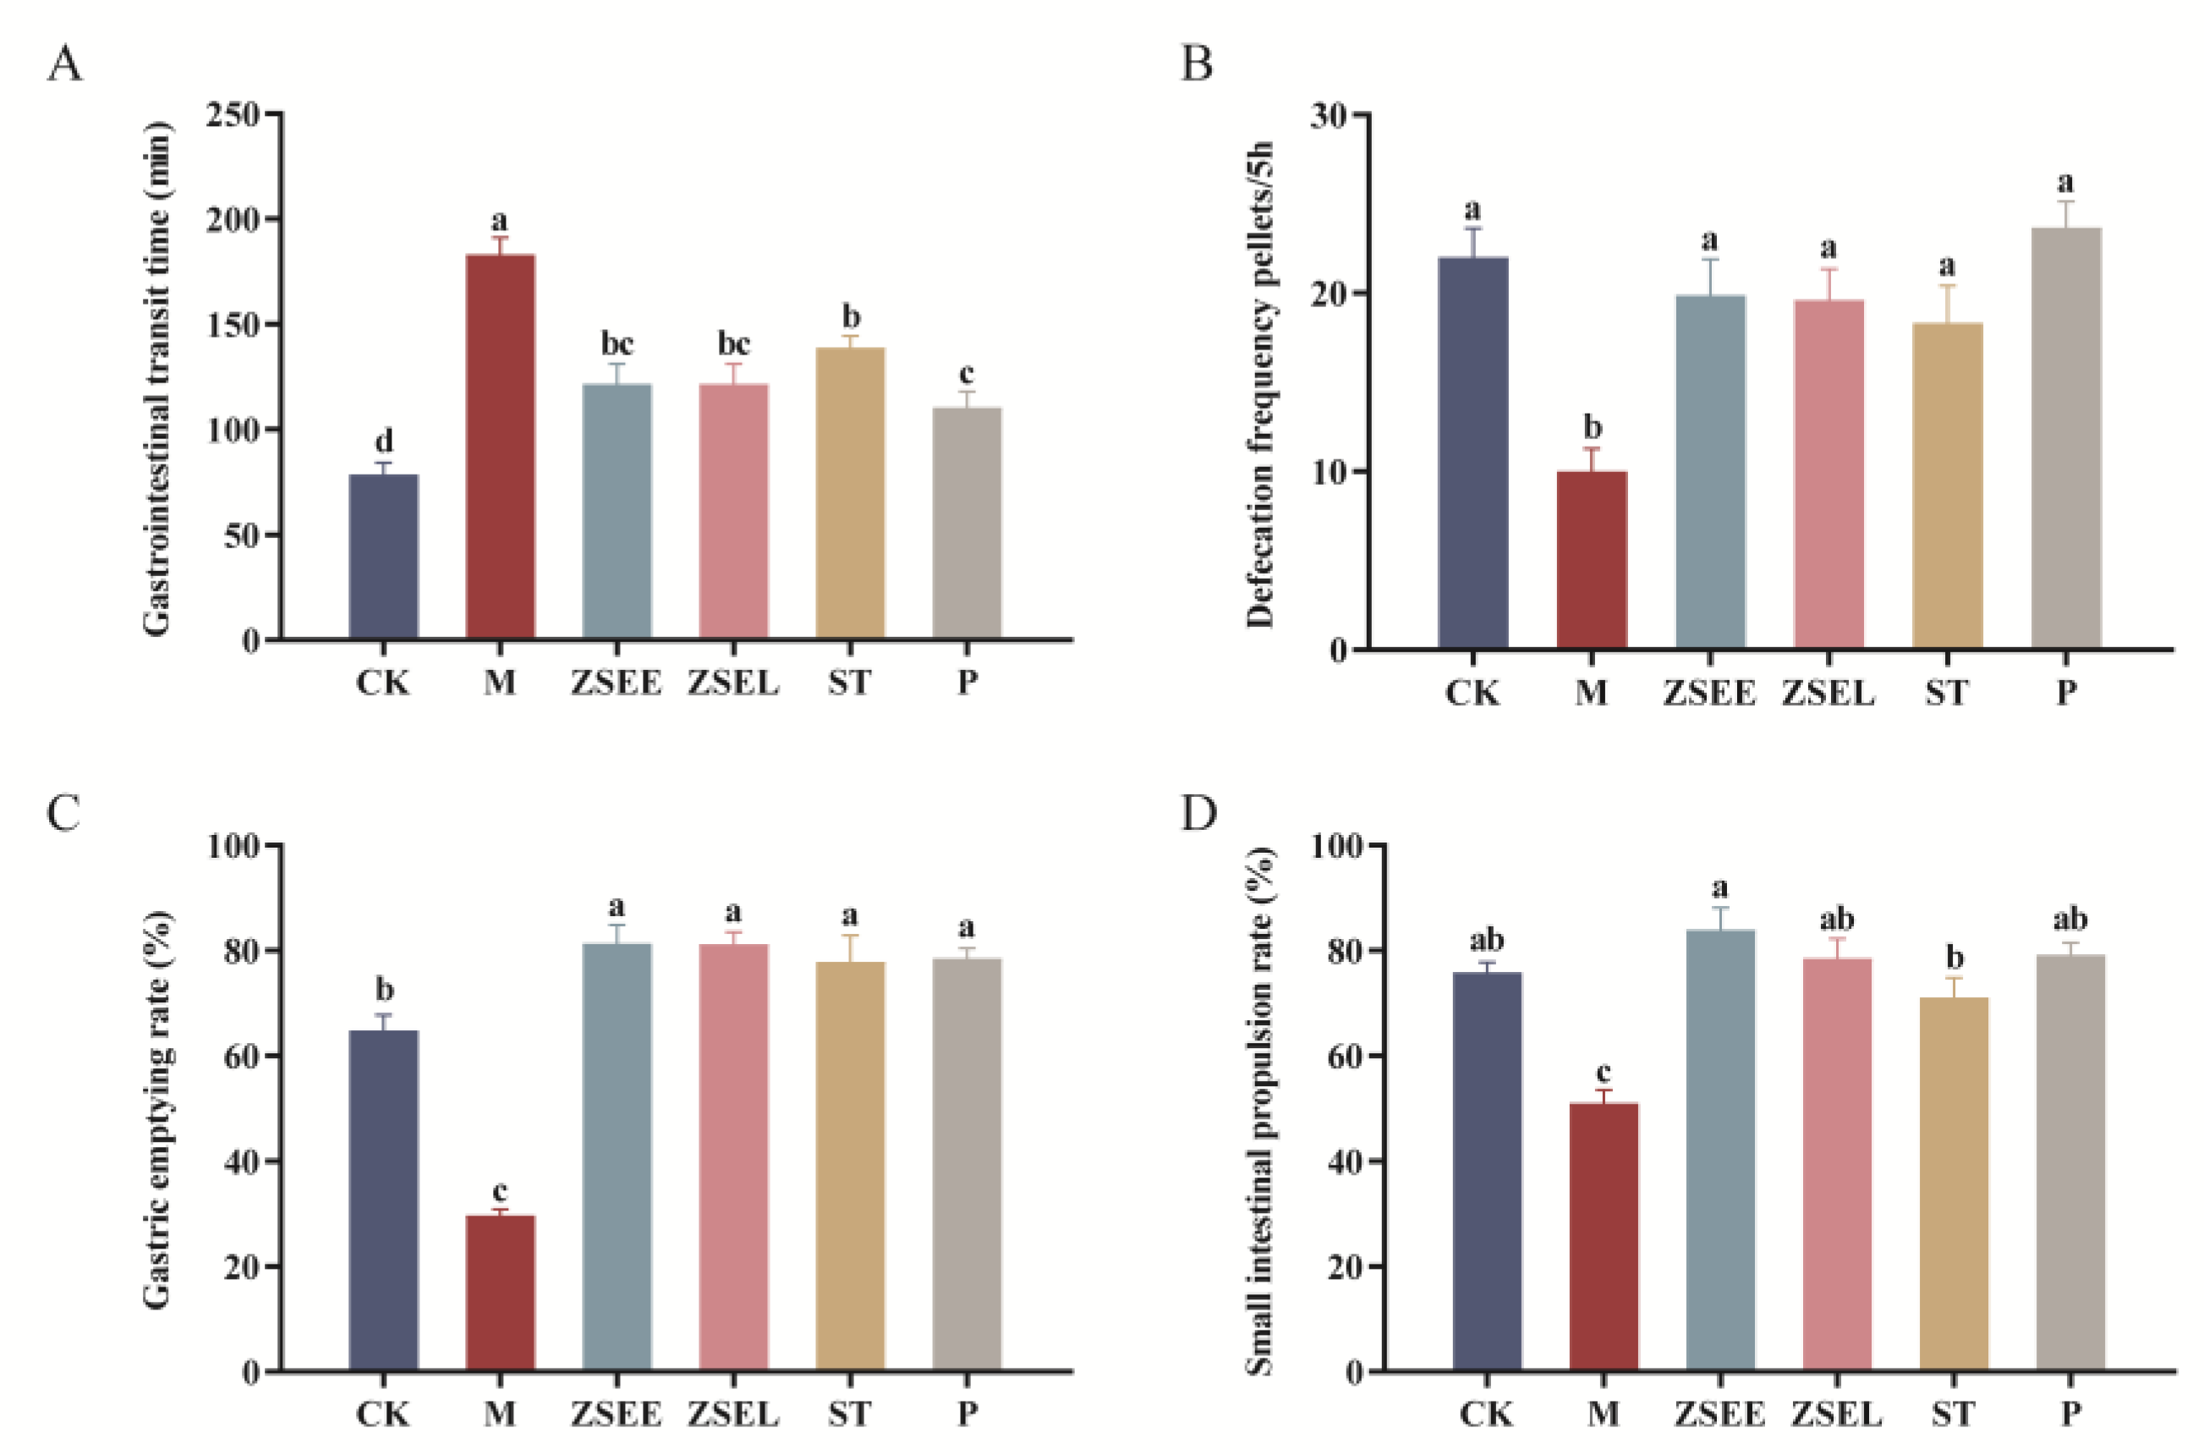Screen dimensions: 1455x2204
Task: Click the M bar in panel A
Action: pyautogui.click(x=500, y=447)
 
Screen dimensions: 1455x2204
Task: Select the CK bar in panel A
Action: pyautogui.click(x=383, y=557)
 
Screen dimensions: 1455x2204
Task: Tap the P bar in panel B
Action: pyautogui.click(x=2066, y=437)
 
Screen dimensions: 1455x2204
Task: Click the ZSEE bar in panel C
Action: pyautogui.click(x=617, y=1156)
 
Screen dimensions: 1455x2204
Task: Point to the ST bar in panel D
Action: pyautogui.click(x=1954, y=1184)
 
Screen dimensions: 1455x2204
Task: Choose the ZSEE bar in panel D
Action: pyautogui.click(x=1719, y=1150)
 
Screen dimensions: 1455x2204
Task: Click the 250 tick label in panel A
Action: pyautogui.click(x=233, y=115)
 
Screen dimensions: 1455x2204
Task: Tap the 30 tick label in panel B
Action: pyautogui.click(x=1329, y=115)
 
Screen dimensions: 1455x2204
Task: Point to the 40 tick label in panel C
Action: pyautogui.click(x=242, y=1161)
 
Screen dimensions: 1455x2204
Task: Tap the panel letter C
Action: pyautogui.click(x=63, y=813)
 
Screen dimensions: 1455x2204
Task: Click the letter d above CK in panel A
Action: pyautogui.click(x=383, y=440)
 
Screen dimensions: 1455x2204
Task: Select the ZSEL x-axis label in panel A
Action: pyautogui.click(x=732, y=684)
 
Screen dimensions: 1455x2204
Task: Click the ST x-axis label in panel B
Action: pyautogui.click(x=1946, y=693)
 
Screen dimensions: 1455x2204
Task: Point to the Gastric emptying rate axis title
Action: pyautogui.click(x=157, y=1109)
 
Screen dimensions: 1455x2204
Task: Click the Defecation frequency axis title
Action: pyautogui.click(x=1259, y=384)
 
